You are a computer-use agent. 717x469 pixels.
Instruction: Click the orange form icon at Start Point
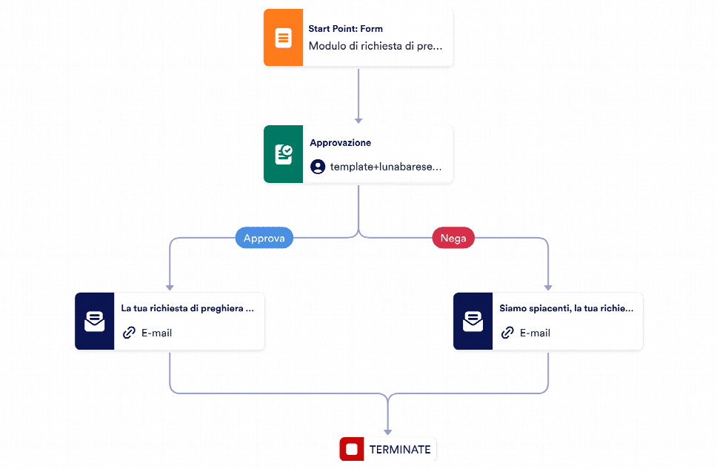(x=283, y=38)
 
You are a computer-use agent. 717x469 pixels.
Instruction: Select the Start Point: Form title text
(x=345, y=29)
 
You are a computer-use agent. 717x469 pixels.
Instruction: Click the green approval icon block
(x=283, y=154)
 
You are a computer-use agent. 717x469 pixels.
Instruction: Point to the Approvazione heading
(x=340, y=143)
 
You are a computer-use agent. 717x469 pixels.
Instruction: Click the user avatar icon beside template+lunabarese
(x=318, y=167)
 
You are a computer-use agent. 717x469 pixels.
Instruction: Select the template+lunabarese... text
(x=386, y=167)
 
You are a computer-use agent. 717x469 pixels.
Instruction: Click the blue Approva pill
(x=264, y=238)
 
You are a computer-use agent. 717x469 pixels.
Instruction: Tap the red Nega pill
(x=453, y=238)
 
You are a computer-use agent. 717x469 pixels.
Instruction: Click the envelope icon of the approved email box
(x=95, y=322)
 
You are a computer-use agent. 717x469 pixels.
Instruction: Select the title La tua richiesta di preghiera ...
(x=187, y=308)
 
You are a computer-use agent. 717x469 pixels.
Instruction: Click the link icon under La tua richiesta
(x=129, y=333)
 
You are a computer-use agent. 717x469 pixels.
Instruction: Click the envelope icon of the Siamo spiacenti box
(x=473, y=322)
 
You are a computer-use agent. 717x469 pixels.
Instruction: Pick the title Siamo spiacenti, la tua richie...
(x=566, y=308)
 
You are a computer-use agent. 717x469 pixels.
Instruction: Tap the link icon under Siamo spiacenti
(x=507, y=333)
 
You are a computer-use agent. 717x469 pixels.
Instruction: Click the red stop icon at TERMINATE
(x=352, y=449)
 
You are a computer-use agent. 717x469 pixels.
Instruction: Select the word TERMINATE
(x=400, y=450)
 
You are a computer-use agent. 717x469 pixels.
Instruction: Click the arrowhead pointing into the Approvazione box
(x=358, y=121)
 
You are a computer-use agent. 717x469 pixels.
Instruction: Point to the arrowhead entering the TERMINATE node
(x=388, y=432)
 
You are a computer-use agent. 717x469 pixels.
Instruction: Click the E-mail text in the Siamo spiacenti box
(x=535, y=333)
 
